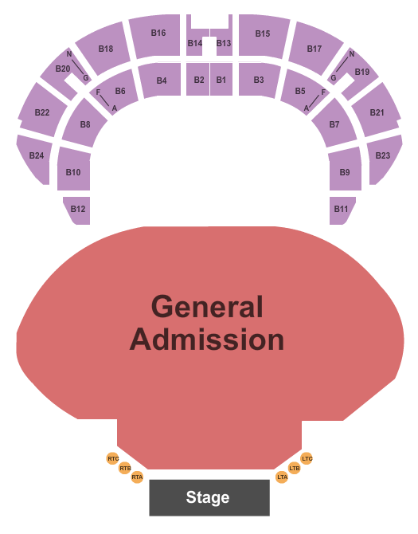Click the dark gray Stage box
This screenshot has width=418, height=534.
point(209,497)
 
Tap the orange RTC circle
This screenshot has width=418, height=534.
point(113,459)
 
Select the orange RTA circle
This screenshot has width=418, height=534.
point(137,477)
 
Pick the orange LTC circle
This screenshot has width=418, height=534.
point(307,459)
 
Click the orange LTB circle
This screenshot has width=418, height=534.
point(295,469)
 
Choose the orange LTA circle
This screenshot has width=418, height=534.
point(282,477)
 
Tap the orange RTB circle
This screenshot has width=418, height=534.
point(125,469)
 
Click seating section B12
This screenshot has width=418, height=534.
point(77,210)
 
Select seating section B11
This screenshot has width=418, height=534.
point(342,210)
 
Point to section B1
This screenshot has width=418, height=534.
point(221,80)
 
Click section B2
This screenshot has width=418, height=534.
point(198,80)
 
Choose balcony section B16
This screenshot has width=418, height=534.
point(156,35)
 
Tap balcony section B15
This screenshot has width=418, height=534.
point(264,35)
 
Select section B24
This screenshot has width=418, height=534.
point(34,158)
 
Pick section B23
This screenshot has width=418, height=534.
point(385,158)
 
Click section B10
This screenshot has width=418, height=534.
point(74,169)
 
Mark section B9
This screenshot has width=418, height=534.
point(346,169)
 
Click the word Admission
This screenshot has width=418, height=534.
point(207,340)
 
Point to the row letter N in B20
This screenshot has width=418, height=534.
point(69,54)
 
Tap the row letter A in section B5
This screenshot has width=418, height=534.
point(306,108)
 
